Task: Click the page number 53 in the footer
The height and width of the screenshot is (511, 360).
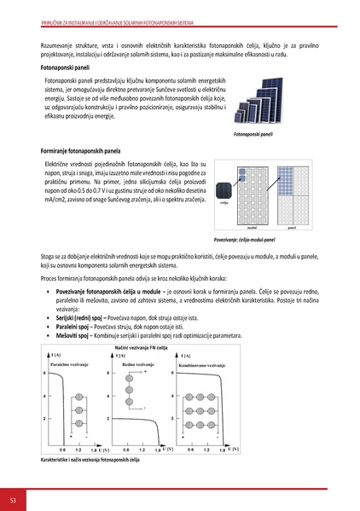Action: [x=13, y=499]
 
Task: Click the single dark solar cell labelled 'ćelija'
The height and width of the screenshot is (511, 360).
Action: [x=224, y=192]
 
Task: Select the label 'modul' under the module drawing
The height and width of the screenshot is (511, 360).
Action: [x=252, y=229]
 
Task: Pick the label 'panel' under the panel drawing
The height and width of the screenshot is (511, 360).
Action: [x=291, y=229]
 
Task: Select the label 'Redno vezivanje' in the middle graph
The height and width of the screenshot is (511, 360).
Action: [x=144, y=363]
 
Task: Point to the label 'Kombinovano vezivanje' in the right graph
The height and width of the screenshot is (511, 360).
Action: [x=205, y=364]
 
